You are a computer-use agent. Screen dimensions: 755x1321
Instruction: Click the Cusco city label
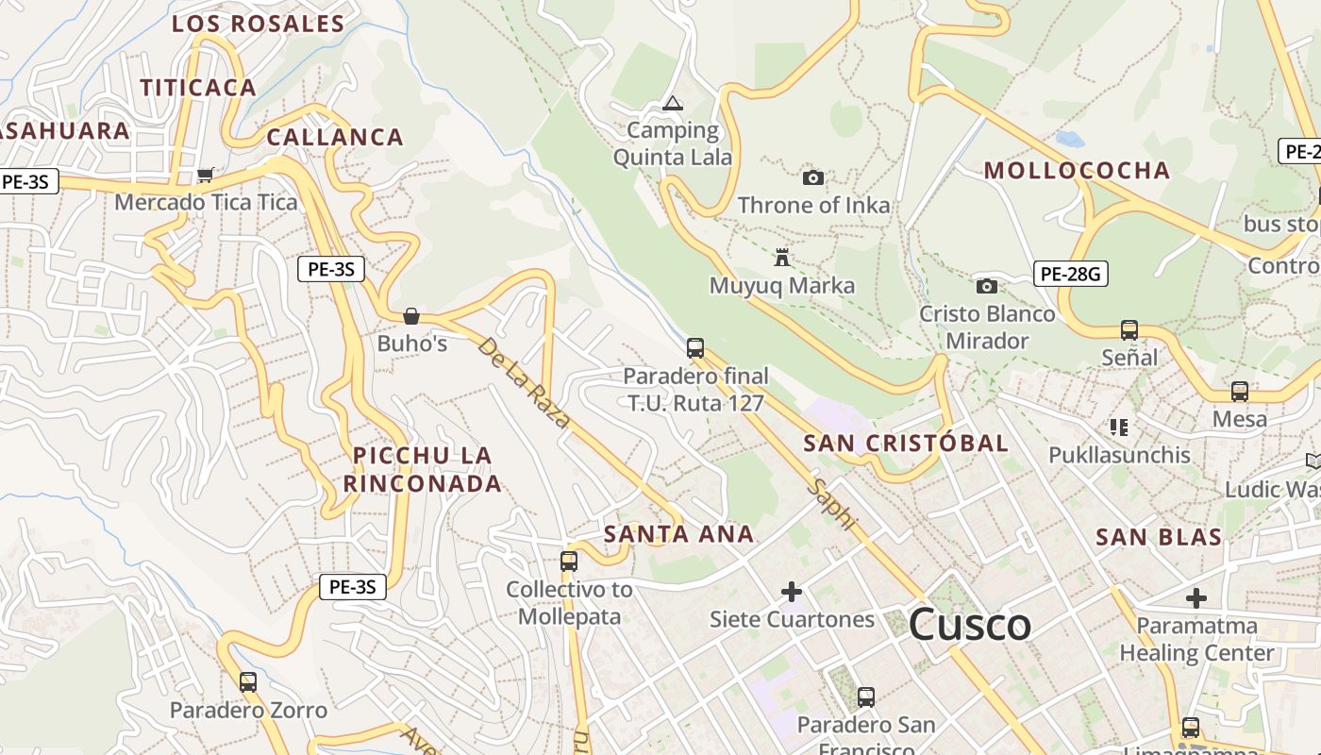pos(970,625)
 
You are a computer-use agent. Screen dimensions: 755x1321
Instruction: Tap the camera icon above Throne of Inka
pos(812,177)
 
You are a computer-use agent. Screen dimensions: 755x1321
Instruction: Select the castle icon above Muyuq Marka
pos(781,257)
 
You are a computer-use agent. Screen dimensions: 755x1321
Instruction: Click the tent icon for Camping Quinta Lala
pos(672,103)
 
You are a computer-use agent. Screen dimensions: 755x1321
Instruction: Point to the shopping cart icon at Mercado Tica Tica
pos(205,175)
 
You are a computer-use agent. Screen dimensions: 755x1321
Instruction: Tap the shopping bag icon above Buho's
pos(411,316)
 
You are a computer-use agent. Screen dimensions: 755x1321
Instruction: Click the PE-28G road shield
pos(1070,275)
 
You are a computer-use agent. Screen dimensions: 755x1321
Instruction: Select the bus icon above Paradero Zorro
pos(248,681)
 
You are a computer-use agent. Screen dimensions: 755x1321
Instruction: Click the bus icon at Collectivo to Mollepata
pos(568,562)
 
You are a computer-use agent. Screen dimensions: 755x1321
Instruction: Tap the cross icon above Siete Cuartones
pos(792,592)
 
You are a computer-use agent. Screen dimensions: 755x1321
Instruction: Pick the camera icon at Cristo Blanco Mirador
pos(986,285)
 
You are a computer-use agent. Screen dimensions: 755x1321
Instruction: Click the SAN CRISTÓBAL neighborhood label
pos(906,444)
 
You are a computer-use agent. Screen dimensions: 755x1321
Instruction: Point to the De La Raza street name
pos(524,382)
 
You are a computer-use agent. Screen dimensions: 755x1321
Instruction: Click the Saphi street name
pos(834,504)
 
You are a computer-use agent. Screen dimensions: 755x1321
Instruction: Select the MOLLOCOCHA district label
pos(1077,171)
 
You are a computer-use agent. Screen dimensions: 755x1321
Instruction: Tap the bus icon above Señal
pos(1129,330)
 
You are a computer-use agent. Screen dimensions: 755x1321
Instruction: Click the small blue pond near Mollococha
pos(1070,140)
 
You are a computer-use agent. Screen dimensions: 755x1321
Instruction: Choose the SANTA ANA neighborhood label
pos(678,534)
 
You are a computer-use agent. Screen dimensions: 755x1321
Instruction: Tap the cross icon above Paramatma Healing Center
pos(1196,597)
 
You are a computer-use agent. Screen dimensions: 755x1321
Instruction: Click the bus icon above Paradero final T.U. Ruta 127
pos(695,348)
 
